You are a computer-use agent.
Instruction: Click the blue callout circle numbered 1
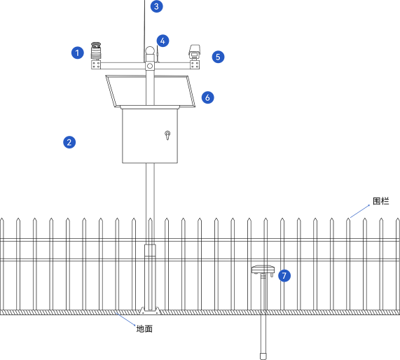78,53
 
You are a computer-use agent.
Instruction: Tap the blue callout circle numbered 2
69,142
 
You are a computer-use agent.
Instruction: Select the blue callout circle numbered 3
157,6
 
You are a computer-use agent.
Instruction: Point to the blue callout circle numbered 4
163,41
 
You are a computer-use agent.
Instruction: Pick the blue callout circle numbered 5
218,57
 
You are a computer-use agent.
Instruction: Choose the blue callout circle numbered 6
207,97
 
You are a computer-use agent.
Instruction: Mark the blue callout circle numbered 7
284,275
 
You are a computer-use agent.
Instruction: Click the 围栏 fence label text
380,201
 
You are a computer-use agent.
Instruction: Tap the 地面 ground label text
144,329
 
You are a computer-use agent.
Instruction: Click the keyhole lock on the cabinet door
167,135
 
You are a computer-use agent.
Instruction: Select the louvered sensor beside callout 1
96,51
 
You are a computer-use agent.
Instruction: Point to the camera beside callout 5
194,52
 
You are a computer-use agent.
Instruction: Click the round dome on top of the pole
150,50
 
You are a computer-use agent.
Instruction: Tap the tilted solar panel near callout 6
151,91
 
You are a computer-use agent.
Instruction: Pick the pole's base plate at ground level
150,310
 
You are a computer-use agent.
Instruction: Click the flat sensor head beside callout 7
263,270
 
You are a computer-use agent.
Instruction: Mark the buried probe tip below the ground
263,356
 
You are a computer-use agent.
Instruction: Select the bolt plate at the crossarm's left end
96,65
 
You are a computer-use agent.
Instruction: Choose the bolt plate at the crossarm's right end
195,65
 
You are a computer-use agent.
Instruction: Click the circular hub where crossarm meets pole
150,66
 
